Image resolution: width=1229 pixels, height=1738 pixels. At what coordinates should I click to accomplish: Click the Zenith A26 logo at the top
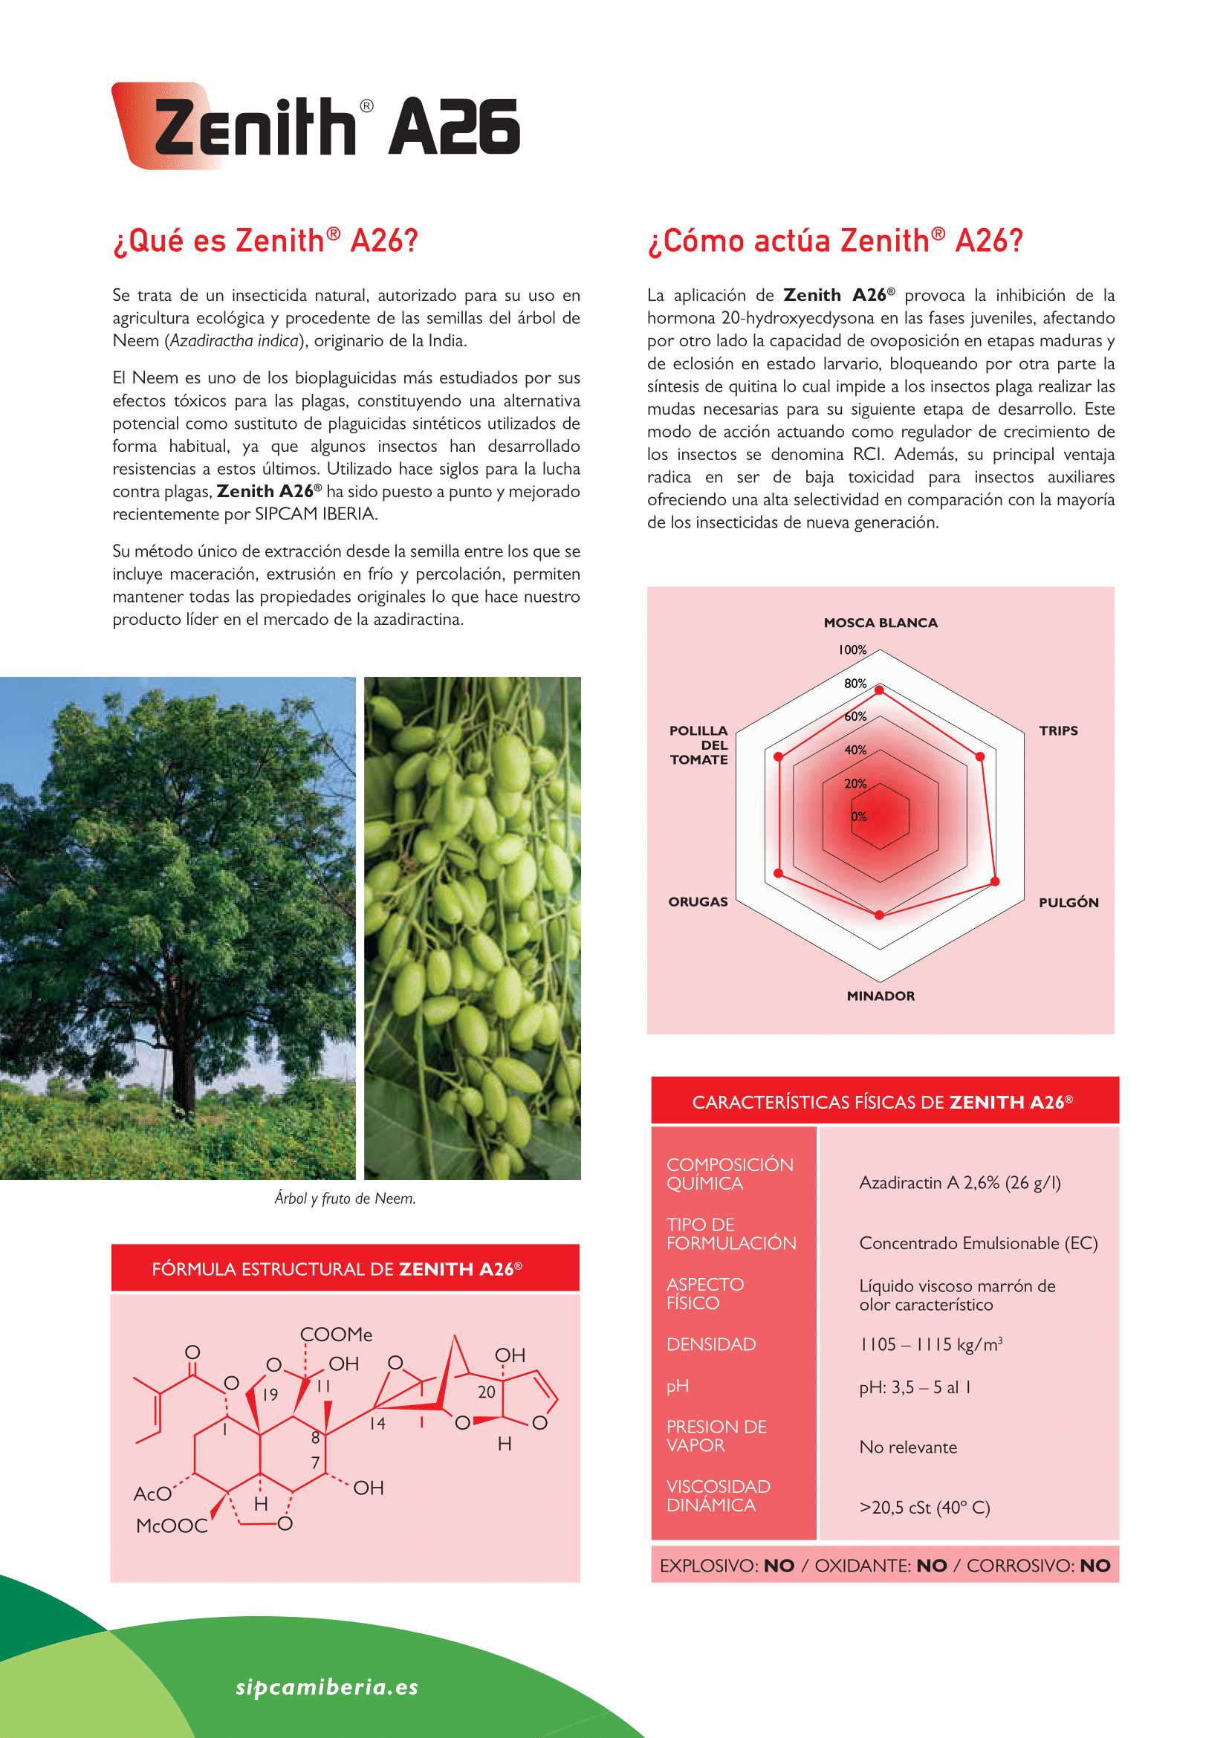tap(317, 126)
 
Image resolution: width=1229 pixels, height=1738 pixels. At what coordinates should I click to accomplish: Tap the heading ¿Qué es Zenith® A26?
tap(265, 241)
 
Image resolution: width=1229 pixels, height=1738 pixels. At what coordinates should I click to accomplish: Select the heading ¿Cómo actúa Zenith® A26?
tap(834, 241)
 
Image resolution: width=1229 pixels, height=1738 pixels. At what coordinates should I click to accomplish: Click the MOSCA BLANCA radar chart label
tap(880, 623)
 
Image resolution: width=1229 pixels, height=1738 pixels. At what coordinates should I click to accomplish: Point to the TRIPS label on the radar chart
tap(1058, 730)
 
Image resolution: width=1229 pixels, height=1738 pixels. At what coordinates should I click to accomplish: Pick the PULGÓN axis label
tap(1068, 902)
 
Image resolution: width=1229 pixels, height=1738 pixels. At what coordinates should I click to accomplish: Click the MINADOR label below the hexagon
tap(880, 996)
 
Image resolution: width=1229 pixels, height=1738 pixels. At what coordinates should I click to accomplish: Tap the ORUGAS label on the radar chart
tap(698, 901)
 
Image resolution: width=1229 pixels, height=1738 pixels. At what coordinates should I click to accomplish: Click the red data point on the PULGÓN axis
tap(995, 882)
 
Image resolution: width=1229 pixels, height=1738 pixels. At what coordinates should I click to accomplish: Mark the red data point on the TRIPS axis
tap(980, 756)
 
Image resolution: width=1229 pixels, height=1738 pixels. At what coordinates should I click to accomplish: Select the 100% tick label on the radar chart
tap(852, 649)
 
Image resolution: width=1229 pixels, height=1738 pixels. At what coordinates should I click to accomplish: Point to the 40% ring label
tap(855, 750)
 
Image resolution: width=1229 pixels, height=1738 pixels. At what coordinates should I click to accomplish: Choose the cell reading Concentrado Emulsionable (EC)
tap(978, 1243)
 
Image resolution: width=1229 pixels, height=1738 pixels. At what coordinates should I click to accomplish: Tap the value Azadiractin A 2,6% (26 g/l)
tap(959, 1182)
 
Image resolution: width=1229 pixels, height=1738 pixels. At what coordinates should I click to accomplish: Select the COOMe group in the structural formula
tap(336, 1335)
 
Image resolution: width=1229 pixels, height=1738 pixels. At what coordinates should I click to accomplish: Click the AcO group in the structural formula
tap(152, 1494)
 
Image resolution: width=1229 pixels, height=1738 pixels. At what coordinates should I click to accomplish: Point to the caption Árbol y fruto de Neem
tap(345, 1199)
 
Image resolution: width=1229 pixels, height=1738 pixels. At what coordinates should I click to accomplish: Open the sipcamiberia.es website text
tap(327, 1687)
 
